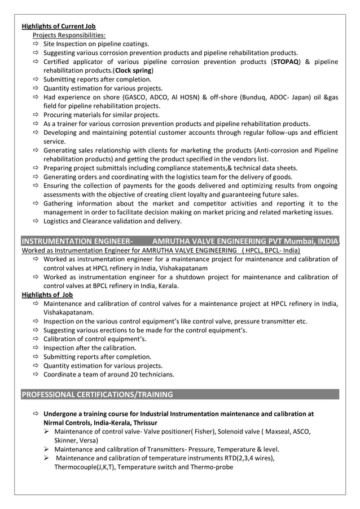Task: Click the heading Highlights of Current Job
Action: pos(59,26)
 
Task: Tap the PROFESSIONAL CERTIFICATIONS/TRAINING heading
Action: pos(97,394)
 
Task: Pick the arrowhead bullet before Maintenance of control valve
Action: pos(47,432)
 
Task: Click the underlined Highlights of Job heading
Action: pos(47,295)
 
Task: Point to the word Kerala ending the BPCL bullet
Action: pos(167,286)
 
